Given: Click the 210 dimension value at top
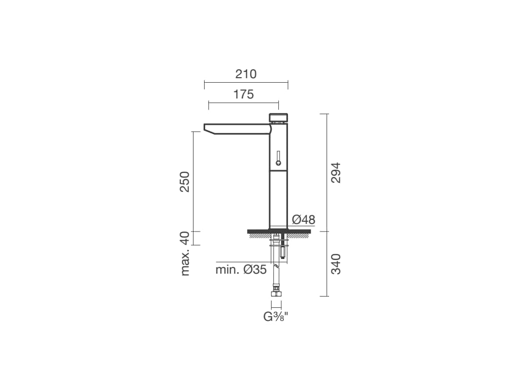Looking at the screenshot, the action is pos(246,74).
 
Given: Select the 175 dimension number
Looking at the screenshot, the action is pos(243,94).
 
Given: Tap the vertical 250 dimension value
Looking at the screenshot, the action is pos(184,182).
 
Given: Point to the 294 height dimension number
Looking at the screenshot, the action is pos(336,173).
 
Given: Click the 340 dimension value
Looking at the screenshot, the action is pos(336,264).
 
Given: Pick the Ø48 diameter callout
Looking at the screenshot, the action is pos(304,219).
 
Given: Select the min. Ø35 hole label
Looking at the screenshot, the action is pos(241,270).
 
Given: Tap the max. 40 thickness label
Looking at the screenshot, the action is pos(184,254).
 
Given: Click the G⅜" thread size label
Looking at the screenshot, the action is pos(276,317).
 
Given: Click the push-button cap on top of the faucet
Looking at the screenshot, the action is pos(278,117).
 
